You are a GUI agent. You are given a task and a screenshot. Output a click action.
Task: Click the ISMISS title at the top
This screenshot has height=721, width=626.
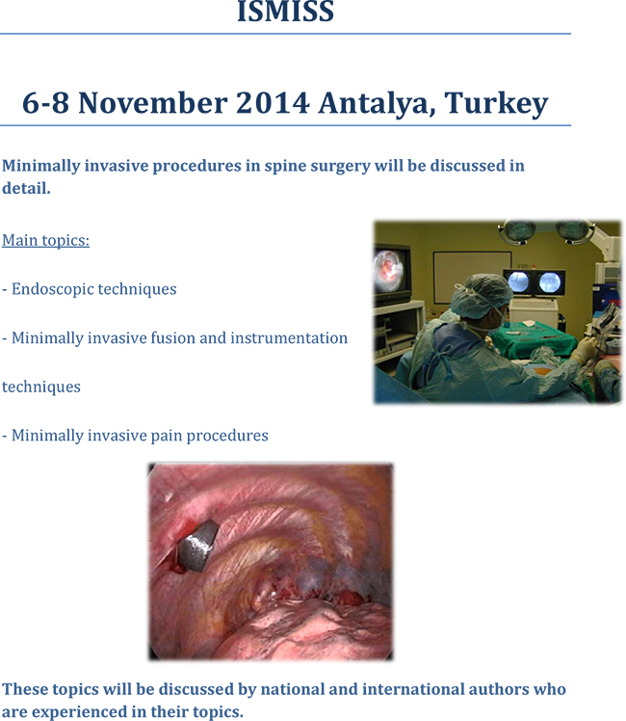point(285,11)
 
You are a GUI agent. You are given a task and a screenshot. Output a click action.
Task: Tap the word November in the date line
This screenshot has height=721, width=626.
point(153,102)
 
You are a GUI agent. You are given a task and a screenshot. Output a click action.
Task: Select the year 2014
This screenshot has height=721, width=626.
point(273,102)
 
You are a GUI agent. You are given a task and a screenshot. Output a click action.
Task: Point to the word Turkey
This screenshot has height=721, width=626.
point(497,104)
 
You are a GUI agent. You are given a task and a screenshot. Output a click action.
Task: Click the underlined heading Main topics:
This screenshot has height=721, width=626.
point(46,240)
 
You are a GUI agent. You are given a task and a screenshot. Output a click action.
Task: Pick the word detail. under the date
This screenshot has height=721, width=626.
point(26,188)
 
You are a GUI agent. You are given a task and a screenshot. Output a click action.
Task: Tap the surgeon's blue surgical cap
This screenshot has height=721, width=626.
point(480,295)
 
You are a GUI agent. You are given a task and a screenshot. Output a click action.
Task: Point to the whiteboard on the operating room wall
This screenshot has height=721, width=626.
point(472,276)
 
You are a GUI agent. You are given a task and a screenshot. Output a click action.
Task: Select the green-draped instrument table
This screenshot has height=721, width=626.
point(533,339)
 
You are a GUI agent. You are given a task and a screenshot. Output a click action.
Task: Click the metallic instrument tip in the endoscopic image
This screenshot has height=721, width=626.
point(198,547)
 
